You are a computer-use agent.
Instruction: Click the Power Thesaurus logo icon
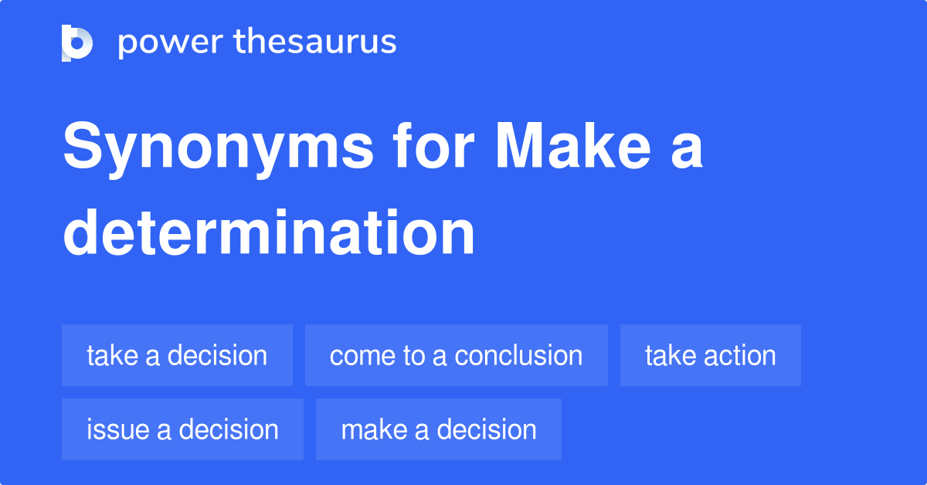pyautogui.click(x=77, y=42)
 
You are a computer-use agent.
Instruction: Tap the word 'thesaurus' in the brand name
pyautogui.click(x=315, y=42)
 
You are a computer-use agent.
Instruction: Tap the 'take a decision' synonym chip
pyautogui.click(x=177, y=355)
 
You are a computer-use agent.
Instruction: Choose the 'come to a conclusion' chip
pyautogui.click(x=456, y=355)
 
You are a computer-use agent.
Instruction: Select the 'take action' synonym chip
pyautogui.click(x=710, y=355)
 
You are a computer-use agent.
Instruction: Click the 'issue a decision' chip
pyautogui.click(x=182, y=429)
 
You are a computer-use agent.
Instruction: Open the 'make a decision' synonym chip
pyautogui.click(x=438, y=429)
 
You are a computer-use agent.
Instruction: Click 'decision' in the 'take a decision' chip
pyautogui.click(x=217, y=355)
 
